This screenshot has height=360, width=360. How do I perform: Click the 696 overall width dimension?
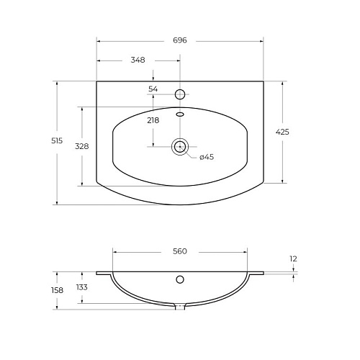click(x=180, y=40)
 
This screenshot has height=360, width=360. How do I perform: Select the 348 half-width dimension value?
click(x=138, y=60)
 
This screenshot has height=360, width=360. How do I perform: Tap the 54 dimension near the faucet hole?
click(x=153, y=89)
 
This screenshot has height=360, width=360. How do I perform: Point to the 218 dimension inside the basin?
click(x=153, y=120)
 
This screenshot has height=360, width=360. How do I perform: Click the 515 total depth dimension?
click(x=57, y=140)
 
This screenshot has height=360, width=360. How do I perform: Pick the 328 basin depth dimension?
click(x=82, y=146)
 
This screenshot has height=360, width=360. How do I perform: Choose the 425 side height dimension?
click(x=282, y=132)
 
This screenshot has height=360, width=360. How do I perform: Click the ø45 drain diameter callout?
click(x=207, y=157)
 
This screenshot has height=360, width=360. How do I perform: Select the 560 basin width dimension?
click(x=180, y=251)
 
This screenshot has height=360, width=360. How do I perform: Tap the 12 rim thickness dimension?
click(x=293, y=258)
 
